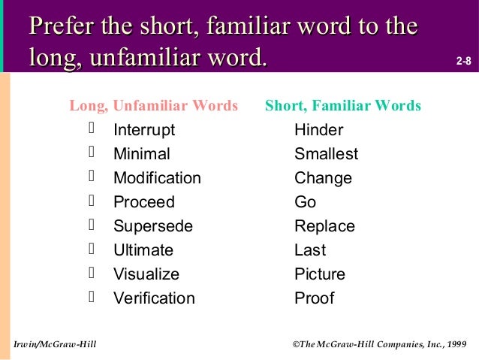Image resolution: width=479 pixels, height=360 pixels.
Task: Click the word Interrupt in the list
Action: pyautogui.click(x=144, y=130)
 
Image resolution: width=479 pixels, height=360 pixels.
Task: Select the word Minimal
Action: pyautogui.click(x=142, y=154)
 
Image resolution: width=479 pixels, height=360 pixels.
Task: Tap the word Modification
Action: pyautogui.click(x=157, y=178)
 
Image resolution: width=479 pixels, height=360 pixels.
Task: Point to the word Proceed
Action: pyautogui.click(x=144, y=202)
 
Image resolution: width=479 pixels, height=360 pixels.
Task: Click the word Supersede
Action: pyautogui.click(x=153, y=226)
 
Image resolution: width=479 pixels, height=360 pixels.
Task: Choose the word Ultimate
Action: pyautogui.click(x=143, y=250)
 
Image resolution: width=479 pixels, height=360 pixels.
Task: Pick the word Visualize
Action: pyautogui.click(x=146, y=274)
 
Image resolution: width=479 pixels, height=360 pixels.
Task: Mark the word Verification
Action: pyautogui.click(x=154, y=298)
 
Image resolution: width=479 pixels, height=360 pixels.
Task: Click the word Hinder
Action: pyautogui.click(x=318, y=130)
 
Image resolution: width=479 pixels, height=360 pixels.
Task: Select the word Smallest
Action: pyautogui.click(x=326, y=154)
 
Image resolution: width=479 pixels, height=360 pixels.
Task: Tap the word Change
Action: pyautogui.click(x=323, y=178)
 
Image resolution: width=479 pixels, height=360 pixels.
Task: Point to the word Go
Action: pyautogui.click(x=306, y=202)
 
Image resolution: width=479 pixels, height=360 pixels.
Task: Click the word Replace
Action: pyautogui.click(x=324, y=226)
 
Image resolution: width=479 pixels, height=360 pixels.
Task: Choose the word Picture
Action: pyautogui.click(x=320, y=274)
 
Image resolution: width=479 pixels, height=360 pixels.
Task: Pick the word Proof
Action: pyautogui.click(x=314, y=298)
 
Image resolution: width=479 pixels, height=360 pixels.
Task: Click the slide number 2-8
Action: pyautogui.click(x=464, y=59)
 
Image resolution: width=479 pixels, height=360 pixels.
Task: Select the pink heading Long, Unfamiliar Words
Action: pyautogui.click(x=154, y=106)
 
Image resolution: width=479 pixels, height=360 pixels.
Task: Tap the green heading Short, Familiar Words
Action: pyautogui.click(x=343, y=106)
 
